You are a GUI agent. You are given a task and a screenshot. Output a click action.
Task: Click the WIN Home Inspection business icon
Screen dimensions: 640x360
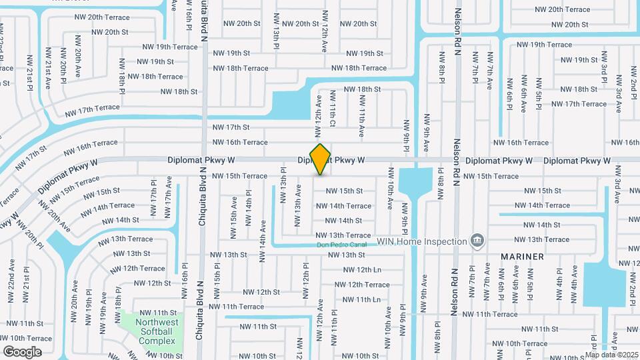(x=477, y=240)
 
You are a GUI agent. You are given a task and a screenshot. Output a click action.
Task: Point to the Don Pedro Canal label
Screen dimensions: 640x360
(x=344, y=245)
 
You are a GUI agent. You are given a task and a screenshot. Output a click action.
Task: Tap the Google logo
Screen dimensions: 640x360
(x=22, y=351)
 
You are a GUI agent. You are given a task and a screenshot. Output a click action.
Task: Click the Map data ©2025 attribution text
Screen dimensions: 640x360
(x=613, y=354)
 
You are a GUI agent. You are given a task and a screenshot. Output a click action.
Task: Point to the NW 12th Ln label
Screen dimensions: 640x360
(x=362, y=270)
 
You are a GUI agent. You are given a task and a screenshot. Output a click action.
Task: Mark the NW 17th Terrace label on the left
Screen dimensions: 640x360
(x=92, y=108)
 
